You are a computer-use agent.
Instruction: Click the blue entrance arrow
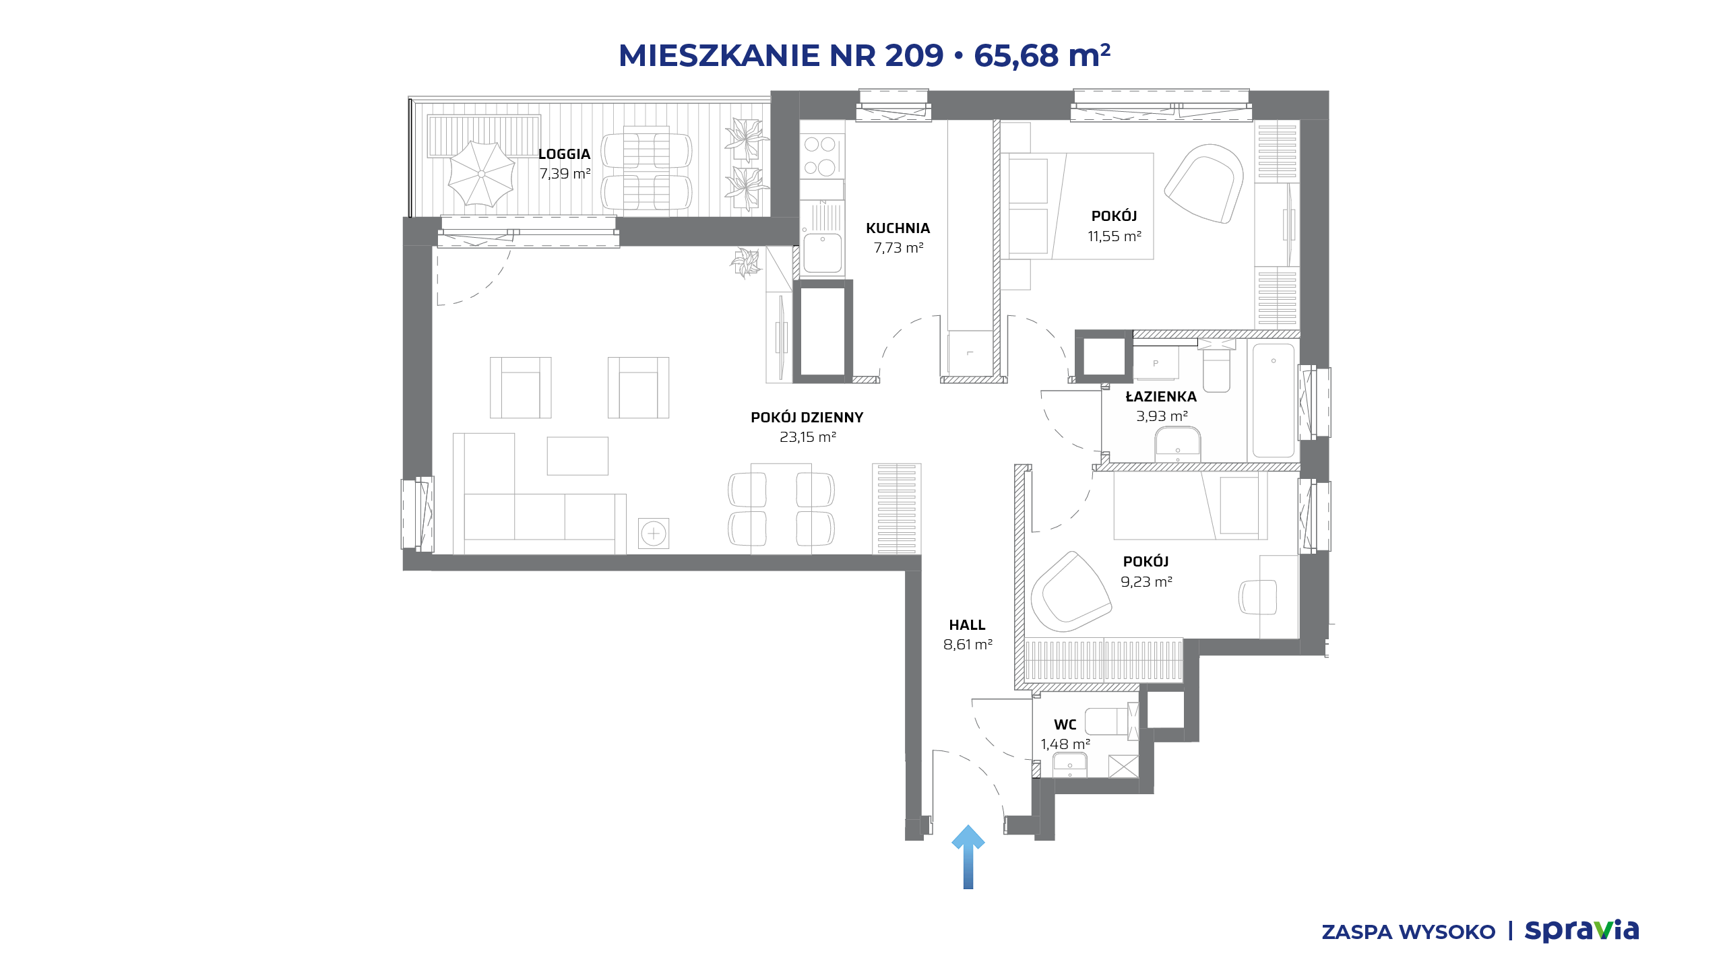[968, 857]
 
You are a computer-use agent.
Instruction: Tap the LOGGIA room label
[564, 154]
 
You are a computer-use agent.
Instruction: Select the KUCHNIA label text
[898, 228]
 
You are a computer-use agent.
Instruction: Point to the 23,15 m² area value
[807, 437]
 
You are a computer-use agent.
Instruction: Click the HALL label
[967, 625]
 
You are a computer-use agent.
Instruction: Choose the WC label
[1065, 725]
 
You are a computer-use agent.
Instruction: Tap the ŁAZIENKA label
[1161, 397]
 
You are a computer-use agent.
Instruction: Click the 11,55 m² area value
[1115, 236]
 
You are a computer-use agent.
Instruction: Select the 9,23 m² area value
[1146, 582]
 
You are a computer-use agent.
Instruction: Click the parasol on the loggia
[481, 174]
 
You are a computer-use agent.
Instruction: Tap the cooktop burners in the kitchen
[820, 156]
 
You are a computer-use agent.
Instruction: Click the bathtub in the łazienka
[1273, 401]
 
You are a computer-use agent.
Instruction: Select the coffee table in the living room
[577, 456]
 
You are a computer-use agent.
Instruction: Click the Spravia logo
[1581, 930]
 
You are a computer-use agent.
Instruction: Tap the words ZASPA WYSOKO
[1408, 932]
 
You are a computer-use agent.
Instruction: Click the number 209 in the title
[914, 55]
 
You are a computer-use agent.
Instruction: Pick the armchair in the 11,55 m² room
[1204, 183]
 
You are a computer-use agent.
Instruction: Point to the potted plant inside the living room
[745, 262]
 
